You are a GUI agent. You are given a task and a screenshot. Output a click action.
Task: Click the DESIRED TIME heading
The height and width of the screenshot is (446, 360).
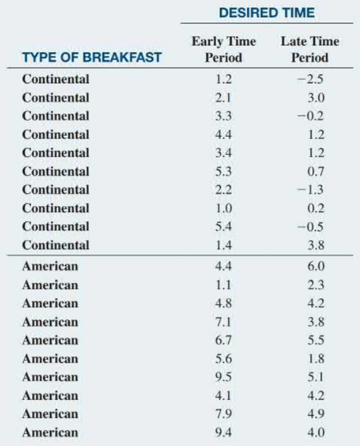pos(267,13)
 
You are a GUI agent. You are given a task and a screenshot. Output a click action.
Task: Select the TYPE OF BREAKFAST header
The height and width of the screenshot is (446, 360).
pos(92,57)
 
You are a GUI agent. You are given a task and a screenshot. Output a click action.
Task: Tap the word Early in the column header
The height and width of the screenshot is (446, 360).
pos(207,42)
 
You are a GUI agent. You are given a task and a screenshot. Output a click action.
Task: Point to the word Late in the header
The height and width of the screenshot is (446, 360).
pos(292,41)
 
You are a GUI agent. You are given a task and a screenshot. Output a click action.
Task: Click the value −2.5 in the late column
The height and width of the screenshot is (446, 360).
pos(310,79)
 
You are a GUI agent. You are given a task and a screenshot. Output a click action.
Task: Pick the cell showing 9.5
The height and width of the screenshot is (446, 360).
pos(223,377)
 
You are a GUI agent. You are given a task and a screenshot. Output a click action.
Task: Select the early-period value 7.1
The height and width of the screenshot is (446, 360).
pos(223,322)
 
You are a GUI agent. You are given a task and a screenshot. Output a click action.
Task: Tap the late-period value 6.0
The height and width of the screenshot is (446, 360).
pos(316,266)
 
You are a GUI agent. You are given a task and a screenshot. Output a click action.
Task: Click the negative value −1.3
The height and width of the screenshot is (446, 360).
pos(310,190)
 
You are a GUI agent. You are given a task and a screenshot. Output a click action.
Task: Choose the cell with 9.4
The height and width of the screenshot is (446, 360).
pos(223,432)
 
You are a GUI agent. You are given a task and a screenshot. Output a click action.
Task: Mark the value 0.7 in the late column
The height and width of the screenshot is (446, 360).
pos(316,171)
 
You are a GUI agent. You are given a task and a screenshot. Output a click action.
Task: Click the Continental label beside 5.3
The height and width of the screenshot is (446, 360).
pos(56,171)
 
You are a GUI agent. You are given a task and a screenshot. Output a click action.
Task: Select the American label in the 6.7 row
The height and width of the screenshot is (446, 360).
pos(50,341)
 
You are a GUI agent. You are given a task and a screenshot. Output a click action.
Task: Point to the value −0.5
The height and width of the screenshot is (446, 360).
pos(310,227)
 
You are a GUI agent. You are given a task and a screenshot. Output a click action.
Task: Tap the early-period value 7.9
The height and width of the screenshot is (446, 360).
pos(223,414)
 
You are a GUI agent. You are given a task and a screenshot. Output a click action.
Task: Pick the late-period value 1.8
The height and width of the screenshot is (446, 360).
pos(316,359)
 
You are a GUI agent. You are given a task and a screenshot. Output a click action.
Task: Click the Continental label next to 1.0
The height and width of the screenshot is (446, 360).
pos(56,208)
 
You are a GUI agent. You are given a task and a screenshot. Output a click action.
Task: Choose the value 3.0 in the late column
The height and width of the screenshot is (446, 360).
pos(316,97)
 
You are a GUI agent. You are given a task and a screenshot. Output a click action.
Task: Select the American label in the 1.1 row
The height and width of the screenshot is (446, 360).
pos(50,285)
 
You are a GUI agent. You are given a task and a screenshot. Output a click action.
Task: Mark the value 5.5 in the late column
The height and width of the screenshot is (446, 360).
pos(316,341)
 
